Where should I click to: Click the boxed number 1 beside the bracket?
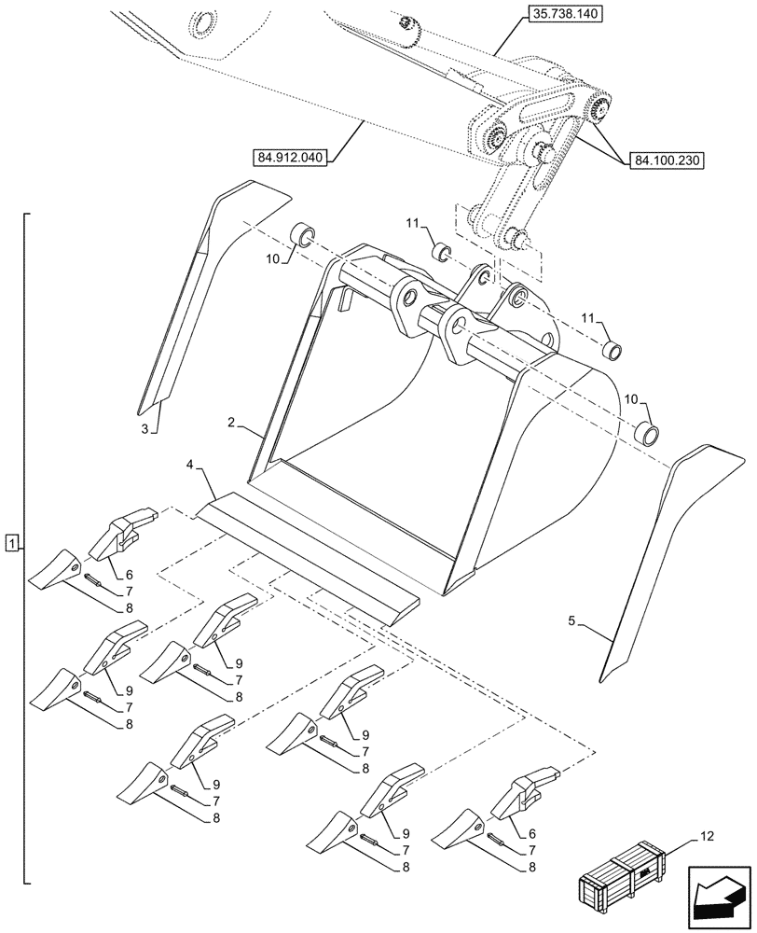coord(10,542)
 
